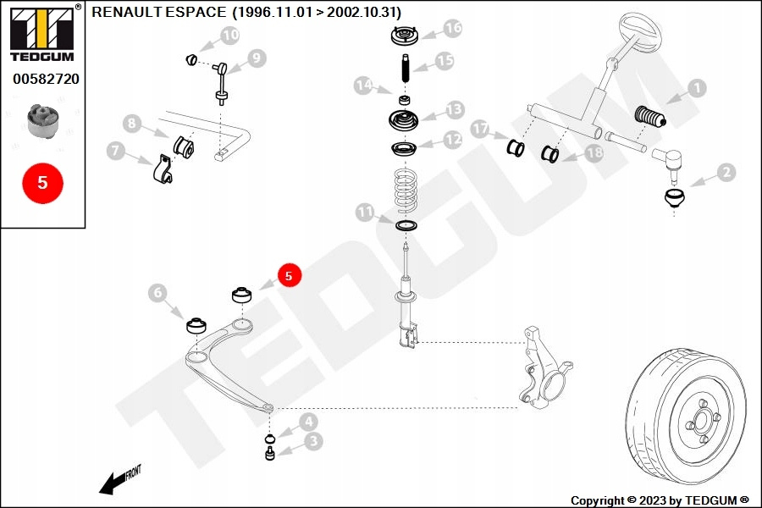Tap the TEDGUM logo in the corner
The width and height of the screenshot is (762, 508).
click(41, 33)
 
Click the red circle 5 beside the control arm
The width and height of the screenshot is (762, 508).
click(289, 275)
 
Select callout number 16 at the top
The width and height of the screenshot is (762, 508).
click(452, 28)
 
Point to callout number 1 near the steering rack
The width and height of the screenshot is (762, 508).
click(695, 87)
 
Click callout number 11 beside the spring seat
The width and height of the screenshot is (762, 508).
click(365, 212)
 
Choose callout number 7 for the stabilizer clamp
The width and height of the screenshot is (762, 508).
click(116, 152)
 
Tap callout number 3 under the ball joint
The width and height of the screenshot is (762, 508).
click(312, 440)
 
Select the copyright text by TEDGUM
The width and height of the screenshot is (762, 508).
click(660, 500)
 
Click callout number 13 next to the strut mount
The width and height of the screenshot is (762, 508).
click(455, 109)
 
